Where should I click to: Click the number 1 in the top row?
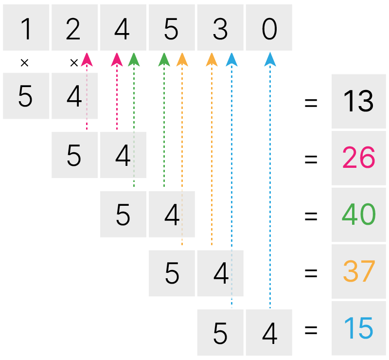pos(26,29)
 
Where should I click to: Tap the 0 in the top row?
pos(269,29)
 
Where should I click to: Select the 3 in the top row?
pos(220,29)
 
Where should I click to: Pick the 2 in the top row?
pos(73,29)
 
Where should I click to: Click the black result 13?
pos(358,101)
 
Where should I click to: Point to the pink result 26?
pos(358,158)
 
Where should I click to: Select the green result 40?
pos(358,214)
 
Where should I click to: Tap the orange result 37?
pos(358,271)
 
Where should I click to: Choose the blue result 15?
pos(358,328)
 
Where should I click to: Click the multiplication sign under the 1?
pos(25,63)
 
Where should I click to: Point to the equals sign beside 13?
pos(311,102)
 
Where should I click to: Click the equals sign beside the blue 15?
pos(311,330)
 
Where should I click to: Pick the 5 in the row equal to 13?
pos(25,96)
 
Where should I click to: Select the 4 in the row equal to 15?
pos(270,333)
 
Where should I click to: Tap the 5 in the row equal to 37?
pos(172,273)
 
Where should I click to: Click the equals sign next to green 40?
pos(311,216)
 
